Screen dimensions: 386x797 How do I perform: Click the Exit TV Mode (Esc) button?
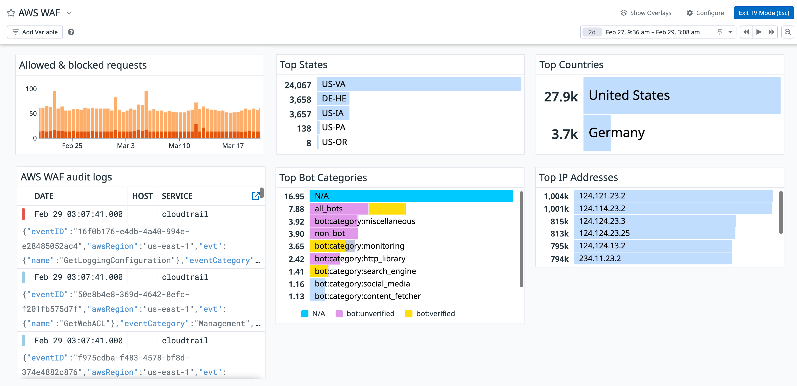[x=763, y=13]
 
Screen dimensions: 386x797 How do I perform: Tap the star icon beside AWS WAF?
[x=11, y=13]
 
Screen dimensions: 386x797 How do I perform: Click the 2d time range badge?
[x=591, y=32]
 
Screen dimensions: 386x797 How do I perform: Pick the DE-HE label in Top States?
[x=334, y=98]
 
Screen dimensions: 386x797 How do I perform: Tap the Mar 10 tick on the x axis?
[x=179, y=146]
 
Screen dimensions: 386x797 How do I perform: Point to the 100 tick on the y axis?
[x=31, y=89]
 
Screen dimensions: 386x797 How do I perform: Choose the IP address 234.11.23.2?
[x=600, y=258]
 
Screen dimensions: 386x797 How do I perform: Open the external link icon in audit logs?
[x=255, y=196]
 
